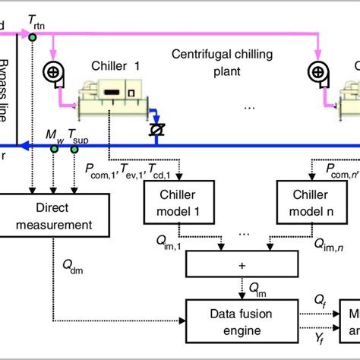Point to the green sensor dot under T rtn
[x=33, y=36]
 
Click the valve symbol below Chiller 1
[x=158, y=130]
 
